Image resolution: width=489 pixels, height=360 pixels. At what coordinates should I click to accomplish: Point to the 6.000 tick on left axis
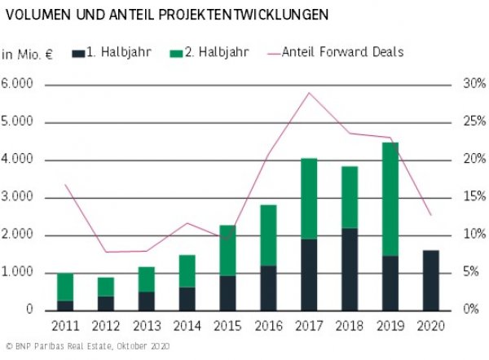point(19,85)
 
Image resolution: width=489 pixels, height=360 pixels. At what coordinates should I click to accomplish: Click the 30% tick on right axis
point(474,85)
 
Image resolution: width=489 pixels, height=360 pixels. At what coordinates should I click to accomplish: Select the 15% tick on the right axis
point(474,197)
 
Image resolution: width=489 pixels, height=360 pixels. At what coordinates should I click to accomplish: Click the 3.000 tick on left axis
point(19,197)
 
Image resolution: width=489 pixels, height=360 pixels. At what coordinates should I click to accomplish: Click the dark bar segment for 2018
point(349,269)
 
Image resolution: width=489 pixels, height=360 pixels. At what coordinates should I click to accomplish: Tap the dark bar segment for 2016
point(267,288)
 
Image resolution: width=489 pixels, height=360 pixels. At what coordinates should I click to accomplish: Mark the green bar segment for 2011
point(65,288)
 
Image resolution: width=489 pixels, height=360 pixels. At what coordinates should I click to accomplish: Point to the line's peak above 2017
point(308,93)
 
